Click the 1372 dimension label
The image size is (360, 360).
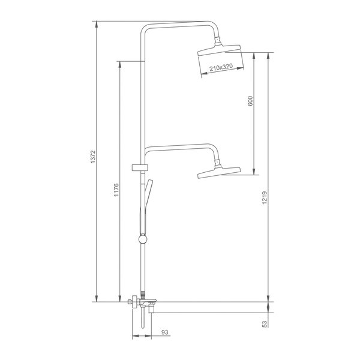pos(92,157)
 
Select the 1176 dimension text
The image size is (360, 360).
pos(116,190)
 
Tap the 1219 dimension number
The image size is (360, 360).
pos(265,197)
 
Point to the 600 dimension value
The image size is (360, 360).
pos(250,101)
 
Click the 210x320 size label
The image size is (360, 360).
pos(221,67)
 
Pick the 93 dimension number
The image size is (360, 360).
pos(165,332)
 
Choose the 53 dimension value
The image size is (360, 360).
pos(265,324)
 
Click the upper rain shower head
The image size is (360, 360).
pos(219,50)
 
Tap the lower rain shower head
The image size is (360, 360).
pos(219,173)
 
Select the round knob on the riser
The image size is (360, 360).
pos(143,239)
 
